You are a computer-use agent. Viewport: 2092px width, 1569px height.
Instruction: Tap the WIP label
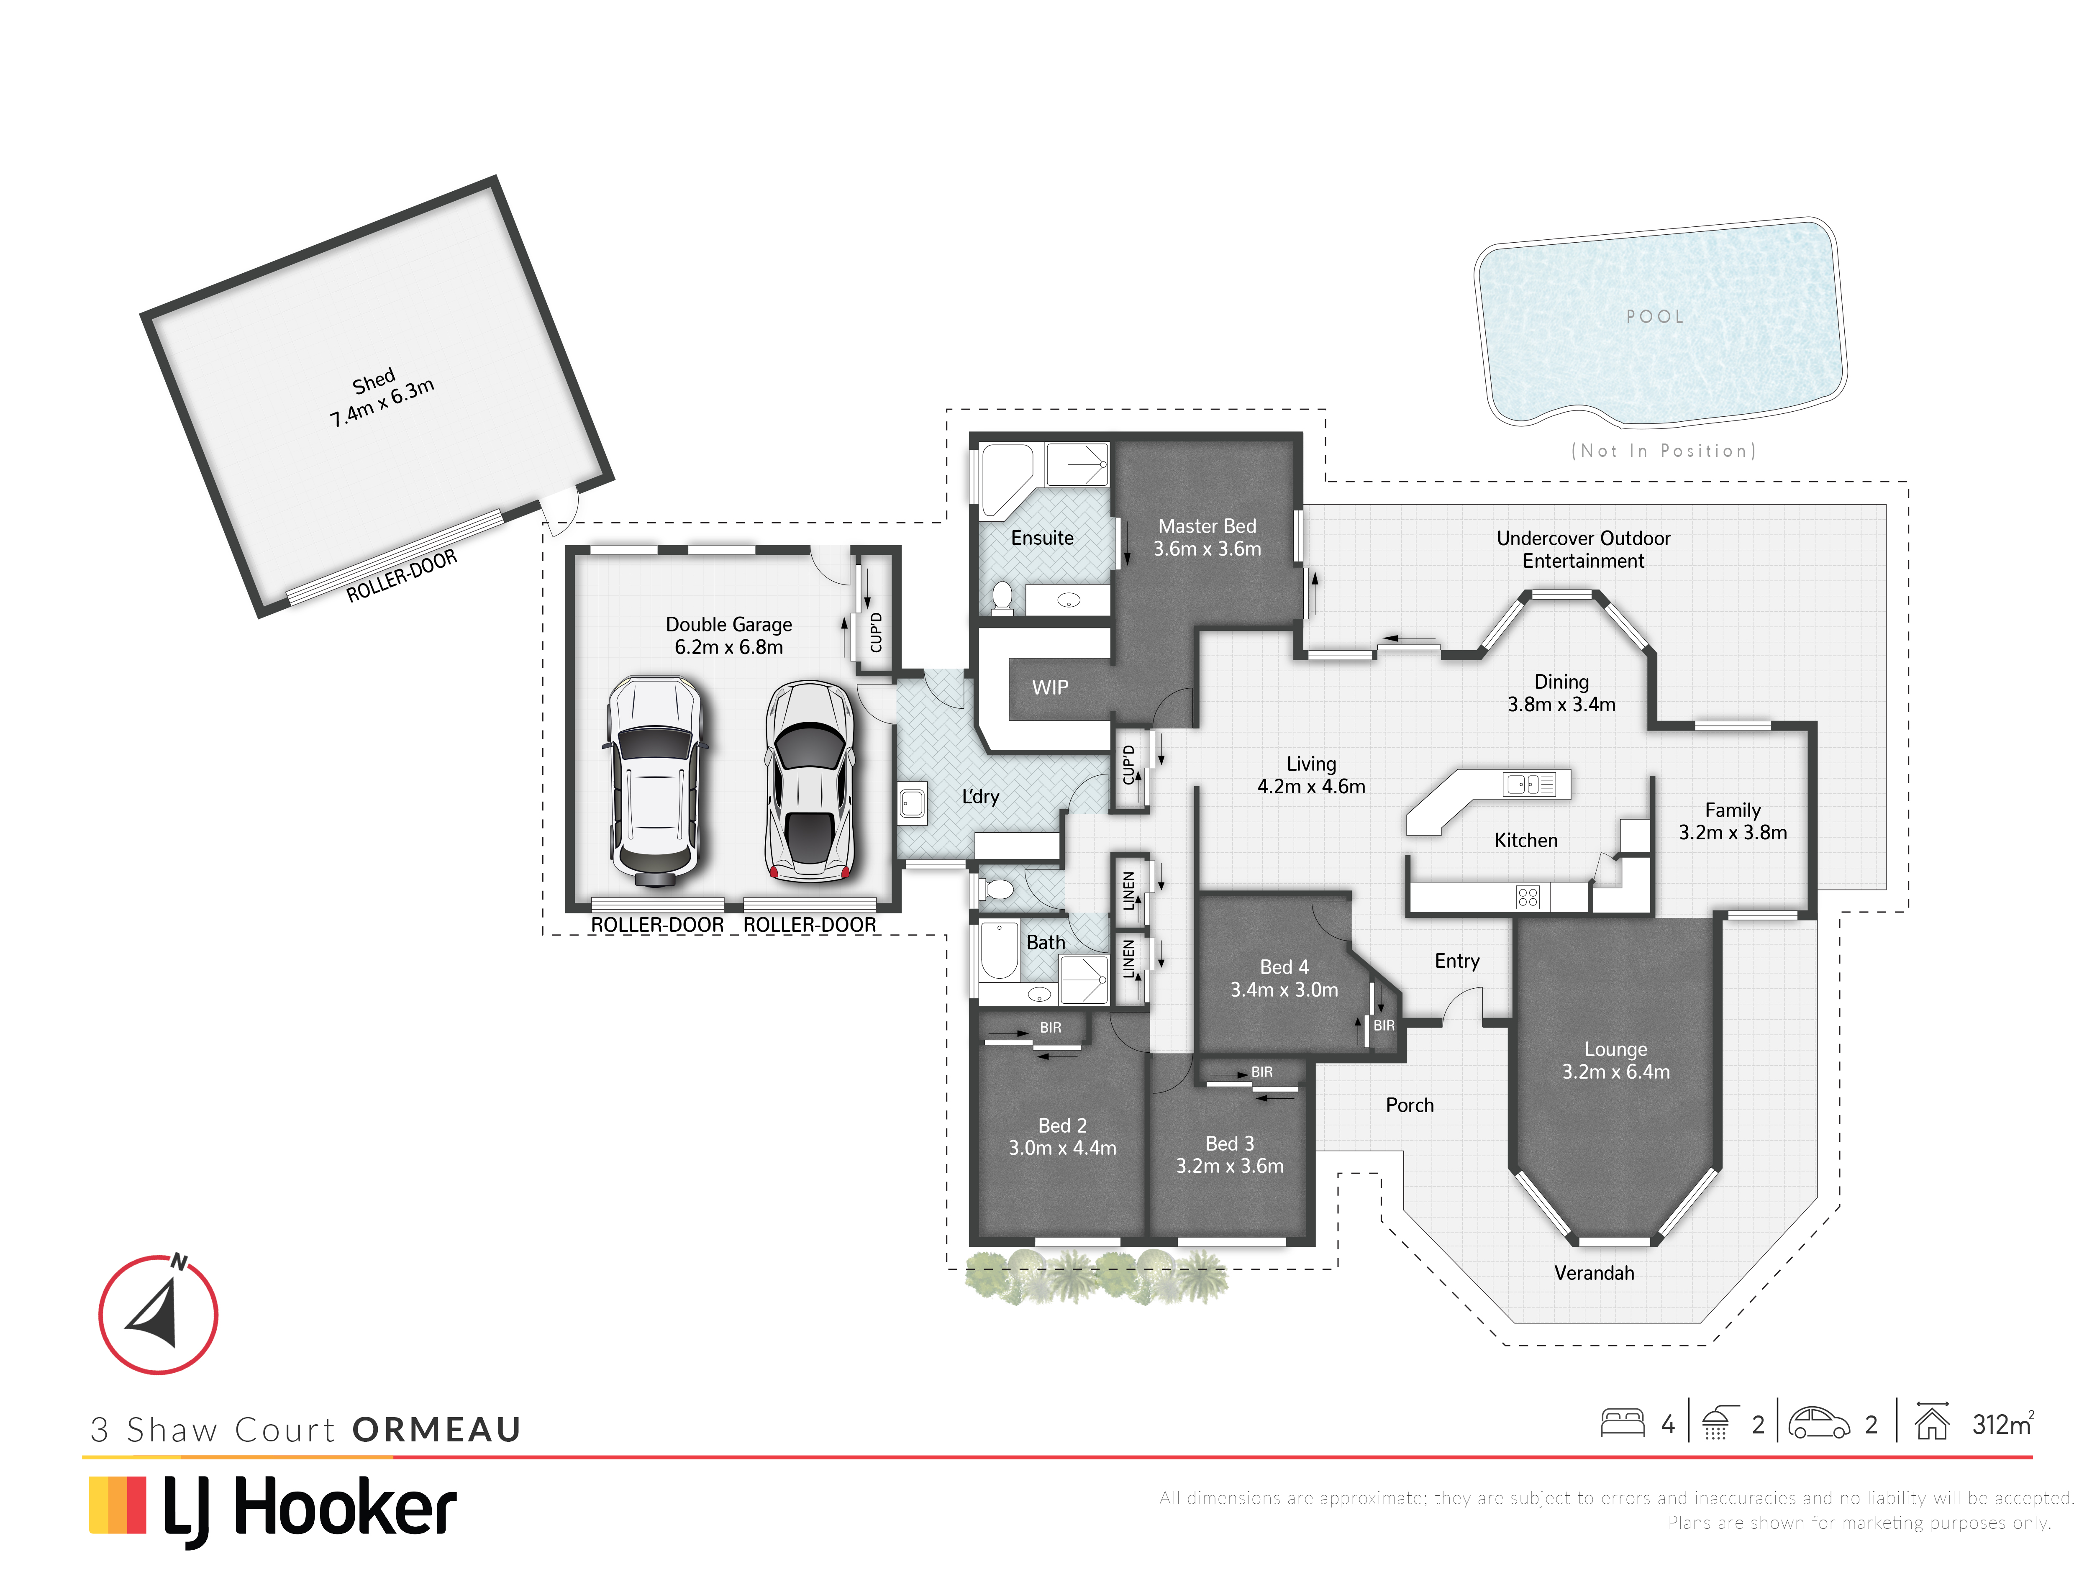point(1050,687)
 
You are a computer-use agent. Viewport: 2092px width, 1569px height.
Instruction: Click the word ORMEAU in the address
point(437,1429)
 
